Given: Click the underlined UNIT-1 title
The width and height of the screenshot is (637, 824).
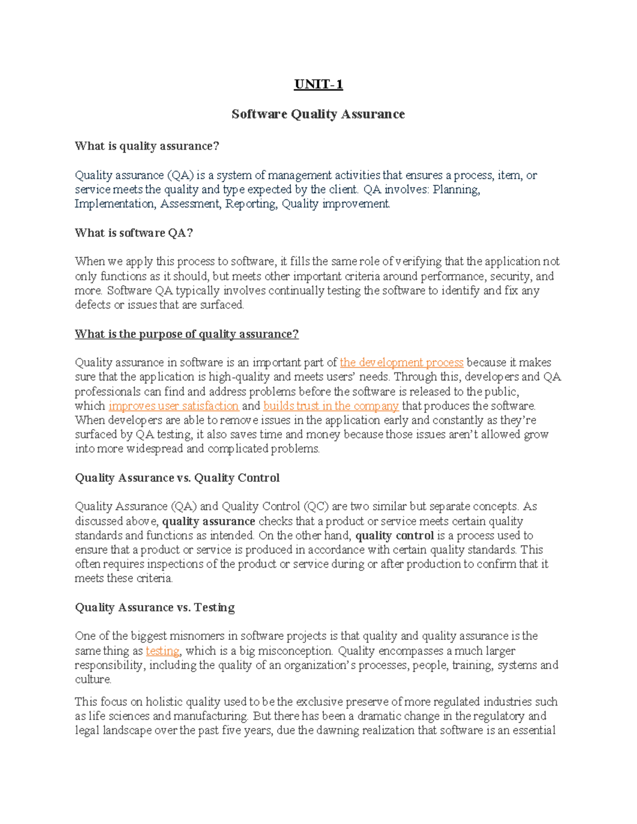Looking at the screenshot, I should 318,85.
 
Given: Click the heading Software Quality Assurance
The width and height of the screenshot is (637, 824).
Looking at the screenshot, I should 318,114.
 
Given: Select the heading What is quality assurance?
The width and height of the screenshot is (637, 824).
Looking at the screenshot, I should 147,146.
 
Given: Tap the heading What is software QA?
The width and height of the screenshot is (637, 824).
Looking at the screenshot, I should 134,233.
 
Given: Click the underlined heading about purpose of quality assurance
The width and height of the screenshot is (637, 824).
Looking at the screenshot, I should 186,334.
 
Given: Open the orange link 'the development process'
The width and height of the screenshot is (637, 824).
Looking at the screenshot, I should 401,362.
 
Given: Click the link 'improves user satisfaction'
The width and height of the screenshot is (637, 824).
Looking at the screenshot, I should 174,406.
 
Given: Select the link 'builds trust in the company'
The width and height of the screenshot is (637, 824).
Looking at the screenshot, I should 331,406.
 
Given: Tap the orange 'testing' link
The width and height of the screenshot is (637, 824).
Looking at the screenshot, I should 162,651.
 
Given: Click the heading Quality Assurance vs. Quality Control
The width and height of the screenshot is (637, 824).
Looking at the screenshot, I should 177,478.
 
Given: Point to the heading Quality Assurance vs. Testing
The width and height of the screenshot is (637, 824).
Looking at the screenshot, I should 154,608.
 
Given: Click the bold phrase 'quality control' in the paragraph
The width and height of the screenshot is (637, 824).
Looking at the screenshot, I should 394,535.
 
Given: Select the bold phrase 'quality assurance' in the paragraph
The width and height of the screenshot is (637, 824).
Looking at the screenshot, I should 209,521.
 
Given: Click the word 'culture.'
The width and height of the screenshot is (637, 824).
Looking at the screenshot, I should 93,680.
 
